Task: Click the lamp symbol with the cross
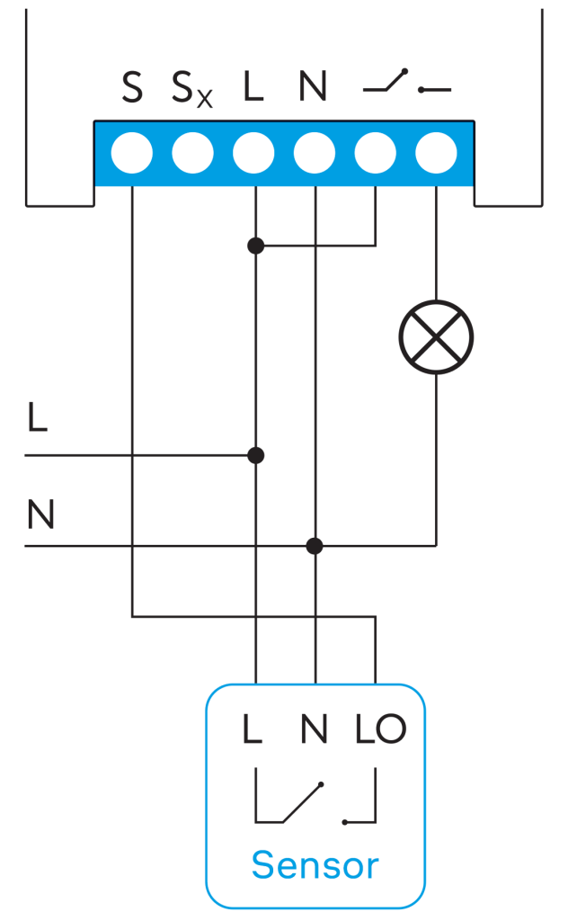click(436, 336)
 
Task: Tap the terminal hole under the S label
click(132, 153)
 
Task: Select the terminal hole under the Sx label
click(192, 153)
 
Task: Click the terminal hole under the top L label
click(253, 153)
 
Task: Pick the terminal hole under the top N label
click(315, 153)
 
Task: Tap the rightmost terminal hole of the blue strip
click(437, 153)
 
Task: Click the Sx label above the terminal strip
click(192, 90)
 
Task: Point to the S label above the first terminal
click(132, 87)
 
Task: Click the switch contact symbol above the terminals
click(406, 85)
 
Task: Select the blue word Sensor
click(315, 866)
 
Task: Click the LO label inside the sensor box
click(381, 729)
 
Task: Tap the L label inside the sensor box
click(253, 729)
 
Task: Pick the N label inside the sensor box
click(315, 729)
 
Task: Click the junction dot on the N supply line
click(315, 545)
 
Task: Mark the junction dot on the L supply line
click(256, 455)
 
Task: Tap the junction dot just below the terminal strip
click(256, 245)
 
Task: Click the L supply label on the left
click(37, 418)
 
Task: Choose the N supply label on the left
click(40, 515)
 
